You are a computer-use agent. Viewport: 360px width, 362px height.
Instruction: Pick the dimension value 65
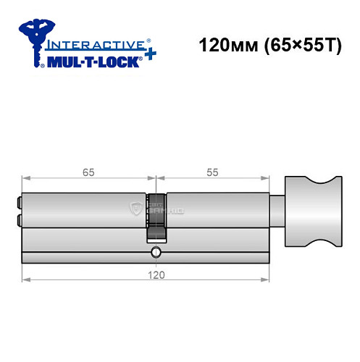pos(88,172)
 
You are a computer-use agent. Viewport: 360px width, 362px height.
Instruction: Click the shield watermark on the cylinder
pos(135,210)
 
